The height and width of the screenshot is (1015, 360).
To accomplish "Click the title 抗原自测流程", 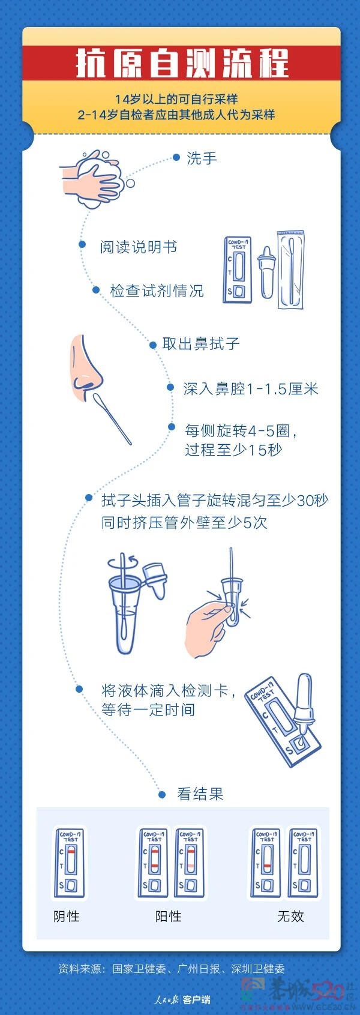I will point(182,64).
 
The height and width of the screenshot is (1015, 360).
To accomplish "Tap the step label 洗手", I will point(202,158).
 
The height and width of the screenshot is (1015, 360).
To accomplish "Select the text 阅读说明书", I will point(138,247).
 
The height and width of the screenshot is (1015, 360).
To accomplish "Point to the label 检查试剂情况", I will point(157,291).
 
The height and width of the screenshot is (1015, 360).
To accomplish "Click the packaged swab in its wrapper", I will point(291,270).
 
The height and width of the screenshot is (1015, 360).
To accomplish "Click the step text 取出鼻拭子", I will point(201,344).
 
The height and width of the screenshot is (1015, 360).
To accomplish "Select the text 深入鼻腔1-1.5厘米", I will point(251,389).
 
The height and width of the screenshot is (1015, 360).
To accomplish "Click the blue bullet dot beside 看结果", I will point(162,795).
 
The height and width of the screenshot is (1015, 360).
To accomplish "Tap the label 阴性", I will point(67,917).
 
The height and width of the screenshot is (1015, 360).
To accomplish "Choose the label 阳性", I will point(169,917).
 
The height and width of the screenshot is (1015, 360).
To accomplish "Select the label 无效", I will point(290,917).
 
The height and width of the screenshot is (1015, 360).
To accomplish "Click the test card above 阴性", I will point(70,863).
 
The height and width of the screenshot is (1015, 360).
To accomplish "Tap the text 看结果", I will point(200,795).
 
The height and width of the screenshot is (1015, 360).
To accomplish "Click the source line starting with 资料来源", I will point(172,969).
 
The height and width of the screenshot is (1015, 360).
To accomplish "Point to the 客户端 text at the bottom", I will point(197,1000).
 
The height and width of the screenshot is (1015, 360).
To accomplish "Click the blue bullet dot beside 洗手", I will point(176,157).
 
